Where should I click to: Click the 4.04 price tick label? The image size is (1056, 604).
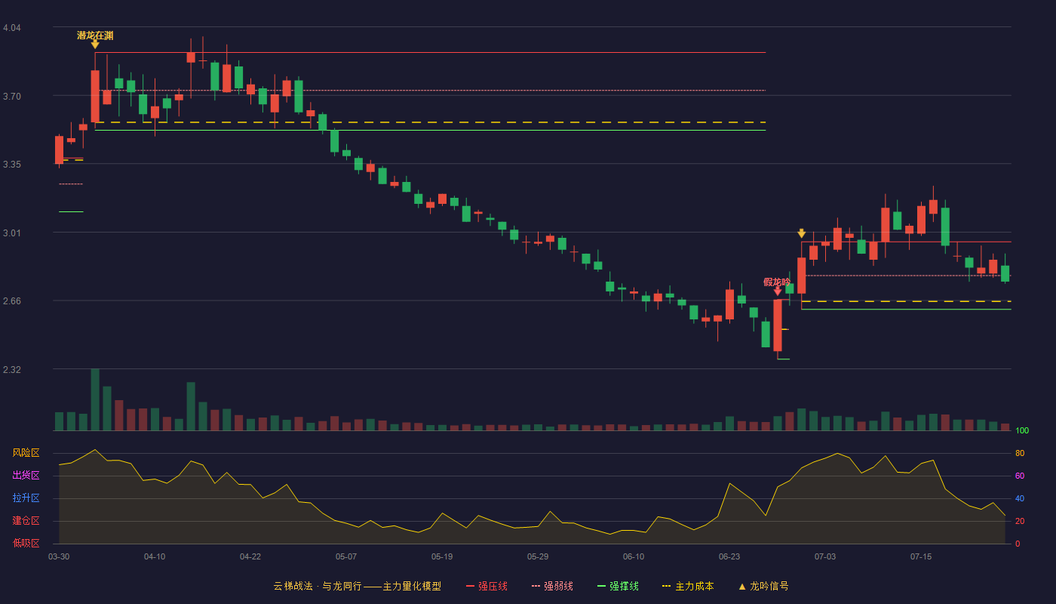pyautogui.click(x=12, y=28)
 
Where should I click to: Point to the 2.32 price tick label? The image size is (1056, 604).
pyautogui.click(x=12, y=369)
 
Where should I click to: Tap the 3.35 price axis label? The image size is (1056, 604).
pyautogui.click(x=12, y=165)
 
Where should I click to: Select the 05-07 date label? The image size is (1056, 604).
pyautogui.click(x=346, y=557)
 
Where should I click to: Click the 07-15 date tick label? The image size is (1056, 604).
pyautogui.click(x=921, y=557)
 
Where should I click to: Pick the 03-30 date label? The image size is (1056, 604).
pyautogui.click(x=59, y=557)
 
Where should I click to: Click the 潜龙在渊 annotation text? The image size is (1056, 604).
pyautogui.click(x=95, y=35)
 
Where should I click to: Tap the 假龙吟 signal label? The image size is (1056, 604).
pyautogui.click(x=776, y=282)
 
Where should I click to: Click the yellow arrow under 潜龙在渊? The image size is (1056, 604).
pyautogui.click(x=95, y=45)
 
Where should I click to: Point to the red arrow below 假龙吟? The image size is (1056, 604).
pyautogui.click(x=778, y=291)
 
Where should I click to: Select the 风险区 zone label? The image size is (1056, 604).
pyautogui.click(x=26, y=453)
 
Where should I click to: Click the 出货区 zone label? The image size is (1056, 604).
pyautogui.click(x=26, y=476)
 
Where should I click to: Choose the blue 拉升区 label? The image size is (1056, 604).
pyautogui.click(x=26, y=498)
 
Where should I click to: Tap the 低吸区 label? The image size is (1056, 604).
pyautogui.click(x=26, y=544)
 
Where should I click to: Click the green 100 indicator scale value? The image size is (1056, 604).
pyautogui.click(x=1022, y=430)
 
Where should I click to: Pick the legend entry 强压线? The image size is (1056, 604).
pyautogui.click(x=487, y=587)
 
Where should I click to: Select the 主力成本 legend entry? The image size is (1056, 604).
pyautogui.click(x=688, y=587)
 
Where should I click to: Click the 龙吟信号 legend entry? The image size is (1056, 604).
pyautogui.click(x=763, y=587)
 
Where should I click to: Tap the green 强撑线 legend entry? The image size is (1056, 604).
pyautogui.click(x=618, y=587)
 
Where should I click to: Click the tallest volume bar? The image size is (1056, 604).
pyautogui.click(x=95, y=399)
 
